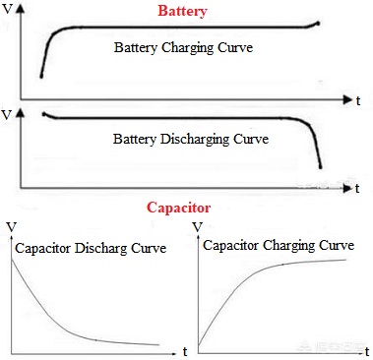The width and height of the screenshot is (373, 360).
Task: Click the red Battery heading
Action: point(182,11)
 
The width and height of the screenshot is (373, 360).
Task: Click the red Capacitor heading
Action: point(178,208)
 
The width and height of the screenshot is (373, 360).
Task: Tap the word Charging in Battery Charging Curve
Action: point(187,48)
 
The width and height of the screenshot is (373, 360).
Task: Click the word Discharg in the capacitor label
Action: point(101,248)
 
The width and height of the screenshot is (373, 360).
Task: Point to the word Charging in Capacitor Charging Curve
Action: point(289,246)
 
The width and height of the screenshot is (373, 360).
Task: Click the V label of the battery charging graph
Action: point(7,9)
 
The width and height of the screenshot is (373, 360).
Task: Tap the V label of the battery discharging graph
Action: point(7,115)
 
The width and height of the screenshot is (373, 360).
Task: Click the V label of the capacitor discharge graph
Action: point(12,227)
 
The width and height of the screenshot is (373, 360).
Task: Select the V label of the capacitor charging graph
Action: point(198,227)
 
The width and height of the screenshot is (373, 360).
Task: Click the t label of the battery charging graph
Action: point(358,100)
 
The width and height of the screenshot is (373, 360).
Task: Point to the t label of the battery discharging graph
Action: point(357,188)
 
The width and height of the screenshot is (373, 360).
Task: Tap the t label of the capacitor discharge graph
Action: point(185,352)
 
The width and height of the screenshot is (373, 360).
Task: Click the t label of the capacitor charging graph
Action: point(367,352)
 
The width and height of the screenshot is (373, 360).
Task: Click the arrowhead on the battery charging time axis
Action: point(347,99)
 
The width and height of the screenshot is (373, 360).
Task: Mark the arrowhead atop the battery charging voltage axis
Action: point(21,9)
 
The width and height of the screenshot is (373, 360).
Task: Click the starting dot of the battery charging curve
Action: point(41,77)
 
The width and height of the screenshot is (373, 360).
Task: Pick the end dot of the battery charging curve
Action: point(318,24)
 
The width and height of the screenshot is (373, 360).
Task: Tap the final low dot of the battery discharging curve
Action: point(321,167)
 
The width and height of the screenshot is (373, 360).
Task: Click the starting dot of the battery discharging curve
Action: point(44,114)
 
